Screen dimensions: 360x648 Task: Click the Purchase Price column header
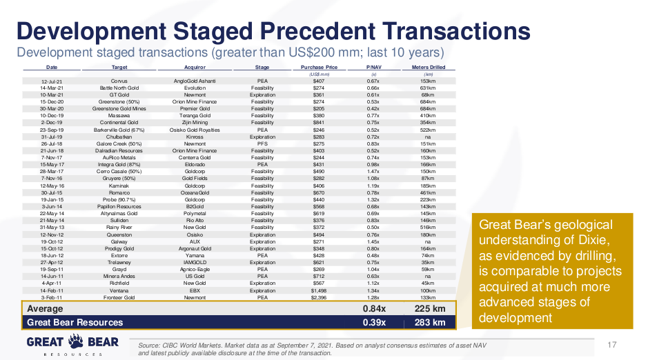319,68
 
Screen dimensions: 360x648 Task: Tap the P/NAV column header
373,68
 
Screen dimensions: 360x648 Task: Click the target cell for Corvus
119,81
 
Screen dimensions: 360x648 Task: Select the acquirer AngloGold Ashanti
195,81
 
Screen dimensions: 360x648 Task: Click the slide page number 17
610,345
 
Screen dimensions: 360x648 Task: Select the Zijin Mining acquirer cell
195,122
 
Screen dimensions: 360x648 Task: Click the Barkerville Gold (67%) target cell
119,129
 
